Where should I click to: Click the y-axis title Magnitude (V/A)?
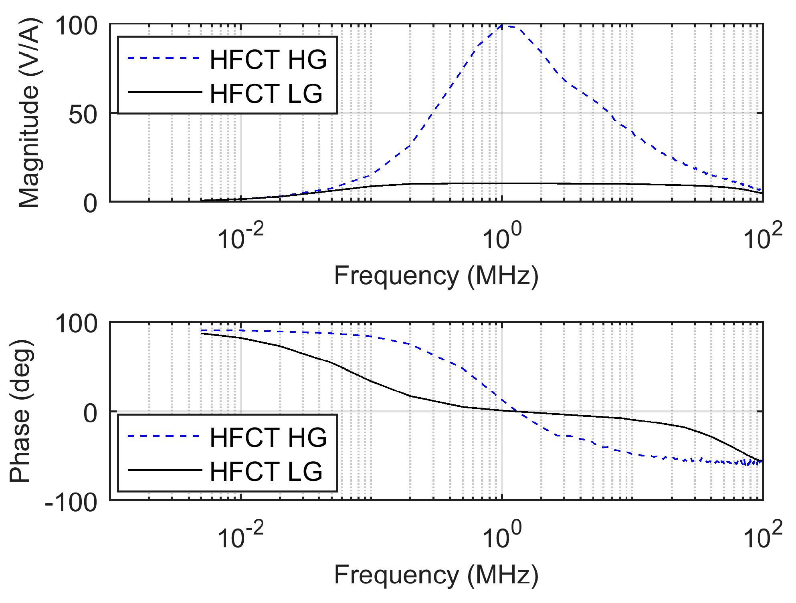[29, 113]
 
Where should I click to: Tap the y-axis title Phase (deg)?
[21, 412]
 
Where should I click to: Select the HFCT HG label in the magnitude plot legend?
[268, 59]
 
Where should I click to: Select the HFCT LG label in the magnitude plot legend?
[266, 93]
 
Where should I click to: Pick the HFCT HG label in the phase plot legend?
[268, 437]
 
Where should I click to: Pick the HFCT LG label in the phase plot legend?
[266, 471]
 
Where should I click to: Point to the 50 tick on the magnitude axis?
[83, 115]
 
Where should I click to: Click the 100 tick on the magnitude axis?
[76, 26]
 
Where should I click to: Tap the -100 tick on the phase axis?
[71, 502]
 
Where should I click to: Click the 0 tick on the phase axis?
[91, 413]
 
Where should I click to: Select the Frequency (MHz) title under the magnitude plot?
[436, 276]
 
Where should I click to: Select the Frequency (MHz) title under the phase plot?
[436, 575]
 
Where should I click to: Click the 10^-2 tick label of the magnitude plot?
[240, 237]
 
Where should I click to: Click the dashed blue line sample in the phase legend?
[164, 436]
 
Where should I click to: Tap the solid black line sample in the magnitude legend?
[165, 92]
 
